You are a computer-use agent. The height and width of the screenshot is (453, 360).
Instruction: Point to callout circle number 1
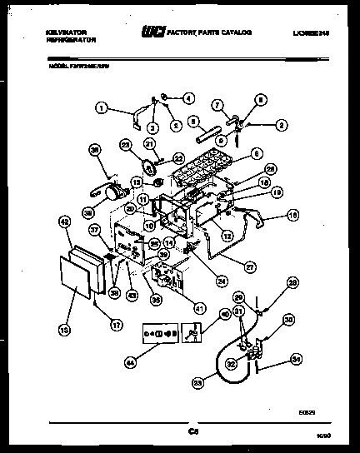[102, 107]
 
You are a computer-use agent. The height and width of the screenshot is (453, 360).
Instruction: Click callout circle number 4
[187, 97]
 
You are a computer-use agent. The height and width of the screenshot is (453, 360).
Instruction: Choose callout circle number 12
[226, 236]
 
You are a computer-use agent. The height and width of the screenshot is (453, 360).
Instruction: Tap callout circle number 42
[62, 222]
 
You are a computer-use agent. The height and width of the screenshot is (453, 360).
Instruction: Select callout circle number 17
[104, 314]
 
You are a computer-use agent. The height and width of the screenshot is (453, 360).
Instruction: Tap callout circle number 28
[292, 284]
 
